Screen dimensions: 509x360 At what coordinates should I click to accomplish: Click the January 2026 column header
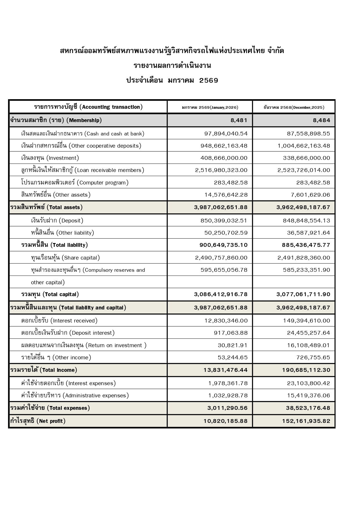[x=210, y=107]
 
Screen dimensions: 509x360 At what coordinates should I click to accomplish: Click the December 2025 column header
[x=294, y=107]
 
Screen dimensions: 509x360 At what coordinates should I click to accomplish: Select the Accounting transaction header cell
[x=88, y=107]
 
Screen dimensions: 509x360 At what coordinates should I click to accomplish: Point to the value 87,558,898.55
[x=308, y=134]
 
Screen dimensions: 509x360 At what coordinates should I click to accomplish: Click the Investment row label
[x=50, y=158]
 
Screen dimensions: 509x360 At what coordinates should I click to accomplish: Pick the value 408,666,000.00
[x=224, y=158]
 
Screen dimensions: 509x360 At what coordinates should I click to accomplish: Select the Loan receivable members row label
[x=82, y=170]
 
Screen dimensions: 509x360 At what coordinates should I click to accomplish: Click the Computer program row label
[x=75, y=183]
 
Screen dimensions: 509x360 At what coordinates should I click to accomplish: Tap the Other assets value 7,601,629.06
[x=310, y=195]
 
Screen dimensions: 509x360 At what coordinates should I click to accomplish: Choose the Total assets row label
[x=46, y=207]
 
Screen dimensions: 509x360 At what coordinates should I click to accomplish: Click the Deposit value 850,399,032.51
[x=224, y=221]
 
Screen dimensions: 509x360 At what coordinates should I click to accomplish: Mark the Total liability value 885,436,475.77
[x=306, y=245]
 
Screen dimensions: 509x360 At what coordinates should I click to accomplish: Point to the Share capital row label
[x=65, y=258]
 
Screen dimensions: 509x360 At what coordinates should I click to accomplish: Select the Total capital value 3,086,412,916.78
[x=221, y=294]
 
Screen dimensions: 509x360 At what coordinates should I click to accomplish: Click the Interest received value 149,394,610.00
[x=307, y=321]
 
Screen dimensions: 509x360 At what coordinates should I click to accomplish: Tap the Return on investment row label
[x=84, y=345]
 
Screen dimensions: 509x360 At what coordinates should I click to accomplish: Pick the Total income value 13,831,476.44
[x=226, y=370]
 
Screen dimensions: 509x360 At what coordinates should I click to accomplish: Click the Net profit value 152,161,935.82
[x=306, y=421]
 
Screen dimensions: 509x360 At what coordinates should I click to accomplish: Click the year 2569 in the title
[x=209, y=81]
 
